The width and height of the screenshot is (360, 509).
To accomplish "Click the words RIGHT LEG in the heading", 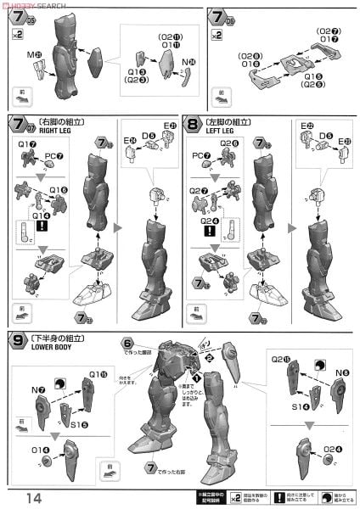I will pyautogui.click(x=48, y=131).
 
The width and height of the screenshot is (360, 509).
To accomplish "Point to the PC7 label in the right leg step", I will pyautogui.click(x=53, y=155).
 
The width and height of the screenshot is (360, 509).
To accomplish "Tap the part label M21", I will pyautogui.click(x=36, y=55).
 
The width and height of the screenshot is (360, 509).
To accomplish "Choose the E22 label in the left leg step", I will pyautogui.click(x=305, y=126).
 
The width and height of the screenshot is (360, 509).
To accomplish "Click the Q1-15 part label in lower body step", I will pyautogui.click(x=98, y=373).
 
